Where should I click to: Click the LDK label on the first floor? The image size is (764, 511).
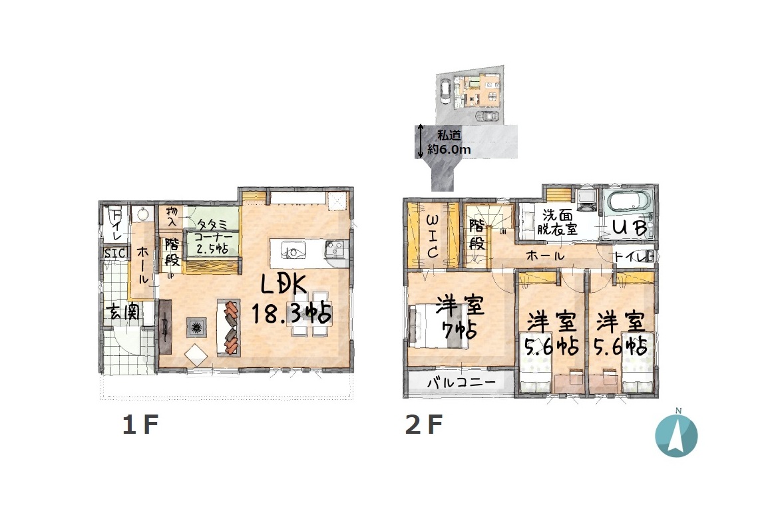click(284, 285)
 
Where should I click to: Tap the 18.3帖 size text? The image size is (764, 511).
click(291, 313)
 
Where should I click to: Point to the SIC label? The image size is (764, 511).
click(116, 253)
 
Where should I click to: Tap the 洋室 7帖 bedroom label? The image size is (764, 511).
click(459, 318)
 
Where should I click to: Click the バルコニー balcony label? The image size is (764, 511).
click(461, 383)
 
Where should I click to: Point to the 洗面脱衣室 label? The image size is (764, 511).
click(558, 222)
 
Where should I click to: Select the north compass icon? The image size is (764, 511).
click(676, 434)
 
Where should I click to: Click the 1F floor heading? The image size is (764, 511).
click(140, 425)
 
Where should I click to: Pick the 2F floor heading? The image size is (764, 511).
click(424, 425)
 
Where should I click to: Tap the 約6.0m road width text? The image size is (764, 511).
click(449, 150)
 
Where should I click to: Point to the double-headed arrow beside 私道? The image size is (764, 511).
click(420, 141)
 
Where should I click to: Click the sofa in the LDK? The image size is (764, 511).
click(229, 327)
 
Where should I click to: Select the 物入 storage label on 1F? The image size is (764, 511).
click(172, 216)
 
